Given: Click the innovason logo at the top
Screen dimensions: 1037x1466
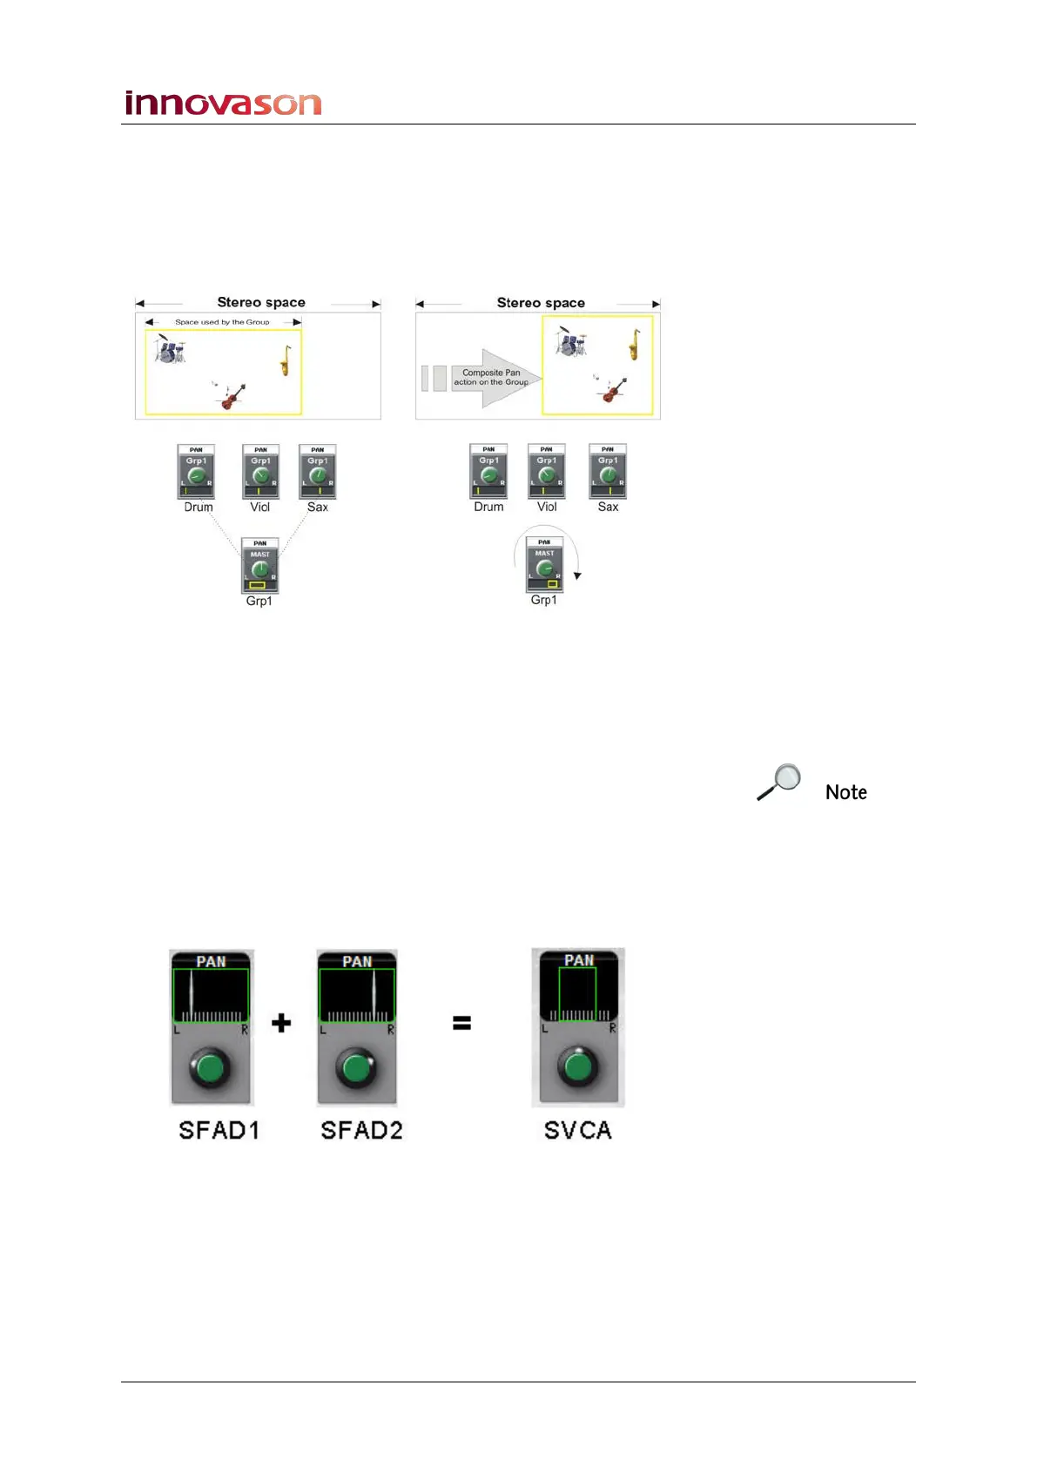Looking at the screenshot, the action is coord(223,104).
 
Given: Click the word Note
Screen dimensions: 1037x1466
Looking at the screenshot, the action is coord(845,792).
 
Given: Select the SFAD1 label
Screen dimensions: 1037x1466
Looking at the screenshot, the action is coord(219,1130).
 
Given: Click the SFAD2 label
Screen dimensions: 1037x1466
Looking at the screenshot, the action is coord(361,1130).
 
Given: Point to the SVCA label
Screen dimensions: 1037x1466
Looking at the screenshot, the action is coord(577,1130).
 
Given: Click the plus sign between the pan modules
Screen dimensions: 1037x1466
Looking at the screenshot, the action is coord(280,1023).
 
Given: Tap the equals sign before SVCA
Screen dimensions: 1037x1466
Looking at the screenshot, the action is coord(461,1024).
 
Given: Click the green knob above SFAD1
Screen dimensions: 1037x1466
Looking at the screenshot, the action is coord(211,1068).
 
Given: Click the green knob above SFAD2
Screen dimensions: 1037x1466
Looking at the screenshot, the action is coord(357,1068).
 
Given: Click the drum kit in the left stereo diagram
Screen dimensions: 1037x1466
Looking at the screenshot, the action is coord(170,349).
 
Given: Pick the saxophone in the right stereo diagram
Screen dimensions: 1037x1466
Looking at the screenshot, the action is coord(635,345).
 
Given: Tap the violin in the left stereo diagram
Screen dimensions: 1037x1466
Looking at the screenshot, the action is coord(231,396).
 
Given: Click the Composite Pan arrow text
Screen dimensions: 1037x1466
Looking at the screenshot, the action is coord(491,377).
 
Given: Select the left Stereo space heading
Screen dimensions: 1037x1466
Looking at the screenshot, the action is coord(260,302).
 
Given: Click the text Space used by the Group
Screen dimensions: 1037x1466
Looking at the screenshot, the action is coord(222,322).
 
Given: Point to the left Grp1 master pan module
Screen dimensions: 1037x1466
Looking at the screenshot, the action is coord(259,566).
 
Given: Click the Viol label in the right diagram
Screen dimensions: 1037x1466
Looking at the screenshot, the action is coord(547,507).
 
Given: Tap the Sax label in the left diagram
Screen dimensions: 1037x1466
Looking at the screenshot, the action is coord(318,508).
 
